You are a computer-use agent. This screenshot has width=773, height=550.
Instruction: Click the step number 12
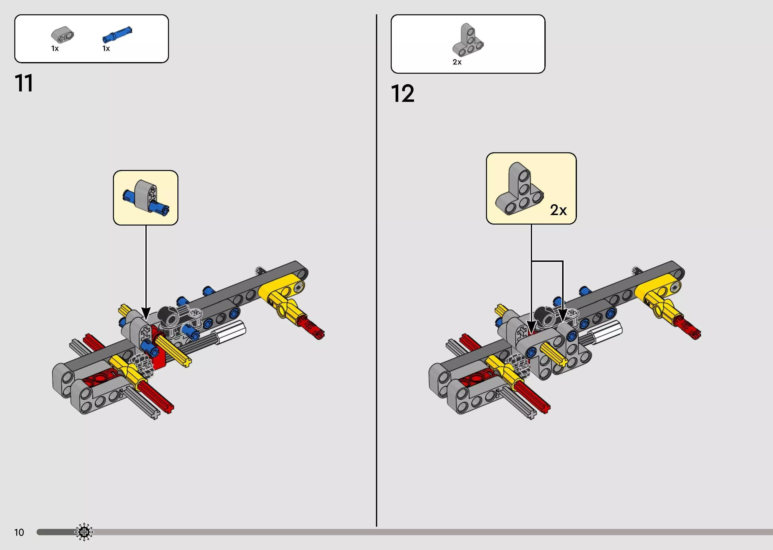click(402, 93)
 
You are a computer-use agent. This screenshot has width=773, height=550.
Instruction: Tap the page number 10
click(19, 532)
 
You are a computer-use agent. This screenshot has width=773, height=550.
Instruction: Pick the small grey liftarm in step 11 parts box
click(63, 34)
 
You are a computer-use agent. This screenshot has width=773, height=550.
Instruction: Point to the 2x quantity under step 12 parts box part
click(457, 62)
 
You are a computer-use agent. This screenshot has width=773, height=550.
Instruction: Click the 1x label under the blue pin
click(106, 49)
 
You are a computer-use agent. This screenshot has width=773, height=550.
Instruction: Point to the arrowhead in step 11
click(146, 313)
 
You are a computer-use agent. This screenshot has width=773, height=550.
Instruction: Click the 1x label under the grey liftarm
click(55, 49)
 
